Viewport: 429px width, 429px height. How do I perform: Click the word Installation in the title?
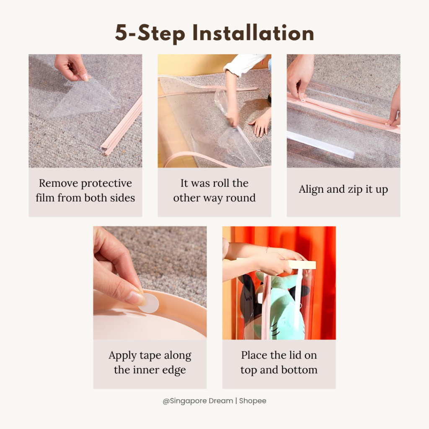[x=253, y=33]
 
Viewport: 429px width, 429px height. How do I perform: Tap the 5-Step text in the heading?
[x=150, y=34]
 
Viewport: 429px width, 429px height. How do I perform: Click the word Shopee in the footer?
[x=253, y=401]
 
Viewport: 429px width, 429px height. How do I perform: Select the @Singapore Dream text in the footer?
[x=198, y=401]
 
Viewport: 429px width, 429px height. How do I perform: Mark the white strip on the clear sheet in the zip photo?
[x=320, y=145]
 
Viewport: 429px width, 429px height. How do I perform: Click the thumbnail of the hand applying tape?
[x=150, y=283]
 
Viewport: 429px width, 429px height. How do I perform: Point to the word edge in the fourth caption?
[x=174, y=370]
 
